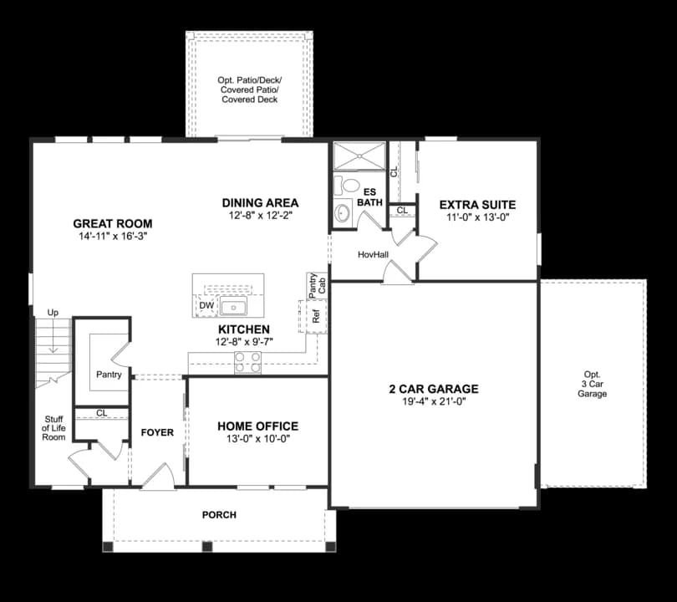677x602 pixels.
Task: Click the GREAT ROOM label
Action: point(113,223)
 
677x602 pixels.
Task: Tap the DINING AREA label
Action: point(260,202)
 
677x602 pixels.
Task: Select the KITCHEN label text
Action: point(244,329)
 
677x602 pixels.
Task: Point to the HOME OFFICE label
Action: point(257,426)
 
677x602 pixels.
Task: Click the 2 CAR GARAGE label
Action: point(434,389)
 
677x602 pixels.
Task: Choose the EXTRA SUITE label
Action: point(477,204)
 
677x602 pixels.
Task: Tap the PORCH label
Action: point(219,514)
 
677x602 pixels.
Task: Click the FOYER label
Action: point(157,432)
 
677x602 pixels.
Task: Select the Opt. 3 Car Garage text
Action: point(592,384)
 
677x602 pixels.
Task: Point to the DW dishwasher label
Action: point(206,306)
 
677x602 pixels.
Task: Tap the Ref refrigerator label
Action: point(316,317)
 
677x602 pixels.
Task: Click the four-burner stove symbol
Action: point(248,362)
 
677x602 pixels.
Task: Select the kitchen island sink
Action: point(233,307)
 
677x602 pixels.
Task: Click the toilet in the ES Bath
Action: point(350,186)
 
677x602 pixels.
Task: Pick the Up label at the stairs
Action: point(53,313)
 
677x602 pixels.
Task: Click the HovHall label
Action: point(373,254)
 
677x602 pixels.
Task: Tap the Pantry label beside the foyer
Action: point(109,375)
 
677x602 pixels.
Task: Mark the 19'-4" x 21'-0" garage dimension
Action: point(434,401)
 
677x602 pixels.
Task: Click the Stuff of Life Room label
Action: point(53,429)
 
